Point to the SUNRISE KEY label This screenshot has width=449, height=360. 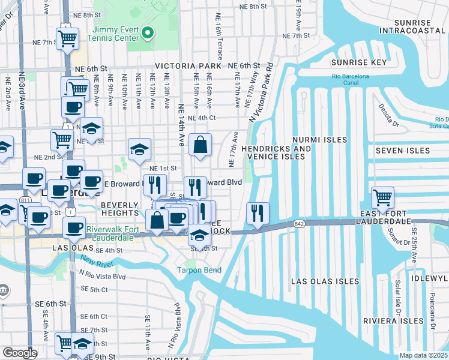click(357, 62)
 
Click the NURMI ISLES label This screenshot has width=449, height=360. click(320, 140)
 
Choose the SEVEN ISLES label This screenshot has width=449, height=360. click(403, 151)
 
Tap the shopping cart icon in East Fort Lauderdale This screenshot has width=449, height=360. click(382, 197)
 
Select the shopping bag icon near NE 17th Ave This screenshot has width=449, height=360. click(200, 145)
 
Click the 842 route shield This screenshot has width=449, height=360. click(299, 223)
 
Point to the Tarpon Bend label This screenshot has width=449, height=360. click(199, 270)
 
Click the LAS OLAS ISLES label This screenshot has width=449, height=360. click(325, 281)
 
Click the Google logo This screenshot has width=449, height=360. click(20, 353)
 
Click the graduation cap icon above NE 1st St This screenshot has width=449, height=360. click(139, 149)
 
